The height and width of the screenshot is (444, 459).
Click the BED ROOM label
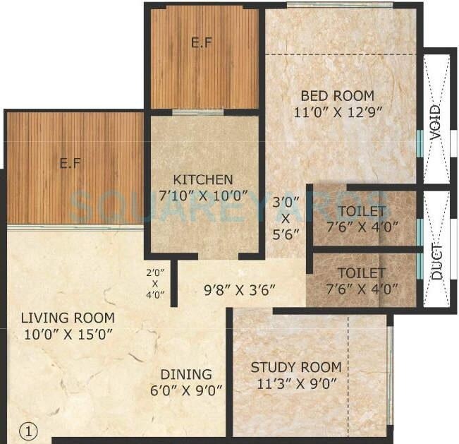337,96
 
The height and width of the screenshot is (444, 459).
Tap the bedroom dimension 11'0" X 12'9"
337,111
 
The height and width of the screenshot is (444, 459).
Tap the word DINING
185,374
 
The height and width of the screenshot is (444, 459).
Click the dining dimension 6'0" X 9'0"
185,389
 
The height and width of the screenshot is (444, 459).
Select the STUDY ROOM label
296,368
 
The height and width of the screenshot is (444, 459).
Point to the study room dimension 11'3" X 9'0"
296,383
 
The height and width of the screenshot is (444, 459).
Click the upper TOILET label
362,211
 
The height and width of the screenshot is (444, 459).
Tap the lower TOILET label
362,272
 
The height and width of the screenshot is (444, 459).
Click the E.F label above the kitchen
201,42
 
